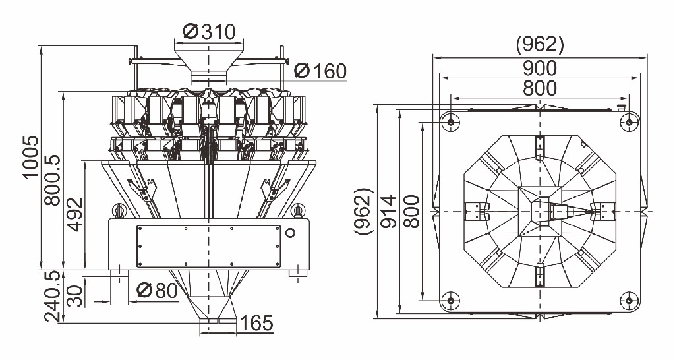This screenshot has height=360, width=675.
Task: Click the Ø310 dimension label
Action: tap(210, 31)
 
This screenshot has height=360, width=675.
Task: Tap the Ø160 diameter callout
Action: tap(320, 71)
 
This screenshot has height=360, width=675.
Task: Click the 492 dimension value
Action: tap(76, 214)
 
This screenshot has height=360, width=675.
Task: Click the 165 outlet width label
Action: tap(256, 323)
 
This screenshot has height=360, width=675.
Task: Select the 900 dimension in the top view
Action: tap(539, 67)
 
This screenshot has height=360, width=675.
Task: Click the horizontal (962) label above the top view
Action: tap(539, 44)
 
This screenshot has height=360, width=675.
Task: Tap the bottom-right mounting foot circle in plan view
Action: tap(629, 301)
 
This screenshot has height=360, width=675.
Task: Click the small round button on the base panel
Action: tap(290, 233)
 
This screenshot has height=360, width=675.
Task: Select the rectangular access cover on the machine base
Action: tap(208, 246)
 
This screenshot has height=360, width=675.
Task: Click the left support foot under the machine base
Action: tap(119, 272)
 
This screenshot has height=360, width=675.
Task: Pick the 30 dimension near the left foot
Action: tap(76, 295)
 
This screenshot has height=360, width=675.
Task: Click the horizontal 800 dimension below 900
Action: tap(539, 88)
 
